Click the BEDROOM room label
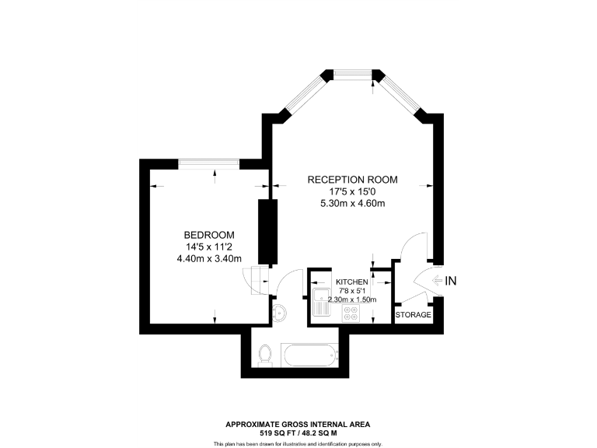pos(209,235)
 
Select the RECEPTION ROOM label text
pos(352,180)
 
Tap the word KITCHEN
pos(351,282)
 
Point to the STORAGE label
pos(413,315)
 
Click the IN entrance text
pos(452,281)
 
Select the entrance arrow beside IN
pos(436,281)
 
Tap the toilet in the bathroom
pos(265,354)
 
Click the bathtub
pos(309,357)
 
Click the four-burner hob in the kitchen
pos(351,315)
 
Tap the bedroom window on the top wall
pos(209,163)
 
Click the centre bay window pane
pos(352,75)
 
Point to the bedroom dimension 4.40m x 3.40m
pos(209,259)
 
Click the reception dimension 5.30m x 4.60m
pos(352,204)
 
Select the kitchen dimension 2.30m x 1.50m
pos(351,299)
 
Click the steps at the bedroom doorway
pos(254,278)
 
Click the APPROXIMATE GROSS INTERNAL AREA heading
pos(298,424)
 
